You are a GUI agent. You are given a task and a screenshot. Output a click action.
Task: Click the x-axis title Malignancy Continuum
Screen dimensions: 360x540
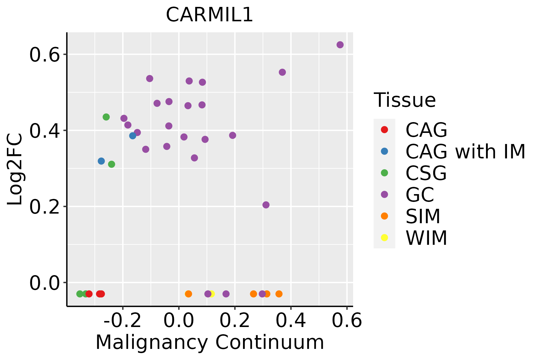click(x=209, y=343)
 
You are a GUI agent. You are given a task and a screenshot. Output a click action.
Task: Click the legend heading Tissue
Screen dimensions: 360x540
click(x=405, y=100)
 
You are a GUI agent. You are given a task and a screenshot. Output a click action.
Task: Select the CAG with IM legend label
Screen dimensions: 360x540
click(x=465, y=151)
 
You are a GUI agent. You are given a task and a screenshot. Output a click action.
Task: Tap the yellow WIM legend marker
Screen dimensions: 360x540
click(x=384, y=238)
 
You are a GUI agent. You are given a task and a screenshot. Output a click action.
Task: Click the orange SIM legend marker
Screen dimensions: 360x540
click(x=384, y=216)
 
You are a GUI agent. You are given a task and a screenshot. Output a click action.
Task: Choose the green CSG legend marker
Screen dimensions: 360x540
click(x=384, y=173)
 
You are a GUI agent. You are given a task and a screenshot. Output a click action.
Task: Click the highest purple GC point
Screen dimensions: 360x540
click(x=340, y=45)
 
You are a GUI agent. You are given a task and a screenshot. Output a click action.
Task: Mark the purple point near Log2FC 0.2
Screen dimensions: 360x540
click(x=266, y=205)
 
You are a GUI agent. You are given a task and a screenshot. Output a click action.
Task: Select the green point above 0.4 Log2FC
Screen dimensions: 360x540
click(x=106, y=117)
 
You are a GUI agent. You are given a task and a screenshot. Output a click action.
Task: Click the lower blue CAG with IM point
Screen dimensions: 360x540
click(x=101, y=161)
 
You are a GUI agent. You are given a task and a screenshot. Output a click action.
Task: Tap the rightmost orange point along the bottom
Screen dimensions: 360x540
click(x=279, y=294)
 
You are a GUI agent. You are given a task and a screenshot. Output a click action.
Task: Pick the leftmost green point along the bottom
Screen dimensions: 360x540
click(x=80, y=294)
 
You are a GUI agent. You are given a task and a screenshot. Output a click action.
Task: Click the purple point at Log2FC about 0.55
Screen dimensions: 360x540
click(x=282, y=72)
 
